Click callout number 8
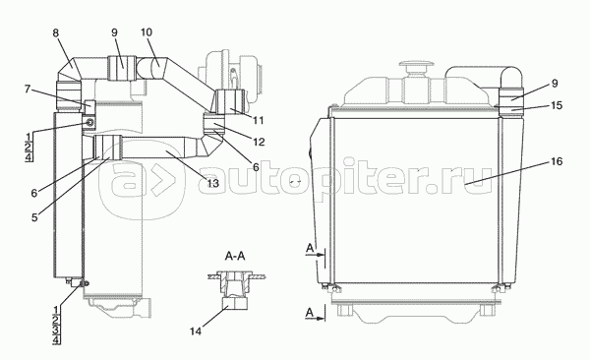56,33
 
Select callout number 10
147,32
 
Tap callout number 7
27,90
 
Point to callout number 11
258,121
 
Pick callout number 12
259,142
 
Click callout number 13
212,183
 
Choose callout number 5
34,217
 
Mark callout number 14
196,331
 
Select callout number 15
557,105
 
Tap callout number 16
557,161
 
